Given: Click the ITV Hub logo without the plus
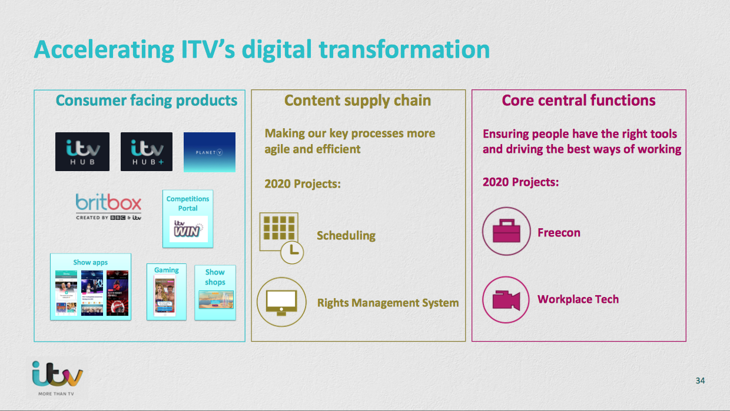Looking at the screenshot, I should (82, 152).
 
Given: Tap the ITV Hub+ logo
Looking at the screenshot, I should (147, 152).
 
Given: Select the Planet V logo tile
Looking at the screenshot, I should (210, 152).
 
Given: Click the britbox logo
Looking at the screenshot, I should (109, 206).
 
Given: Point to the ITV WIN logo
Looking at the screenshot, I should (188, 229).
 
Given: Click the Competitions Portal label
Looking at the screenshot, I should (188, 203).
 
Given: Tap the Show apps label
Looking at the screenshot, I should (91, 262).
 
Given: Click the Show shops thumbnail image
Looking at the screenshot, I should (215, 300).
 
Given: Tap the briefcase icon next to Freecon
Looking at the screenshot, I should (502, 232).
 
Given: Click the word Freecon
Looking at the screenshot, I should (559, 233).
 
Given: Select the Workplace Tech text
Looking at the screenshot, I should (578, 299).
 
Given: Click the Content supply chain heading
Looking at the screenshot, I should (358, 101).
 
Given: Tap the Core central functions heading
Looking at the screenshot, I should (579, 101).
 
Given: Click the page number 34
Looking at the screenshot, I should (700, 380).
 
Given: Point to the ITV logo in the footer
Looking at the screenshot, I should (58, 374).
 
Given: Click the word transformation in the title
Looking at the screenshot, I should (404, 49).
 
